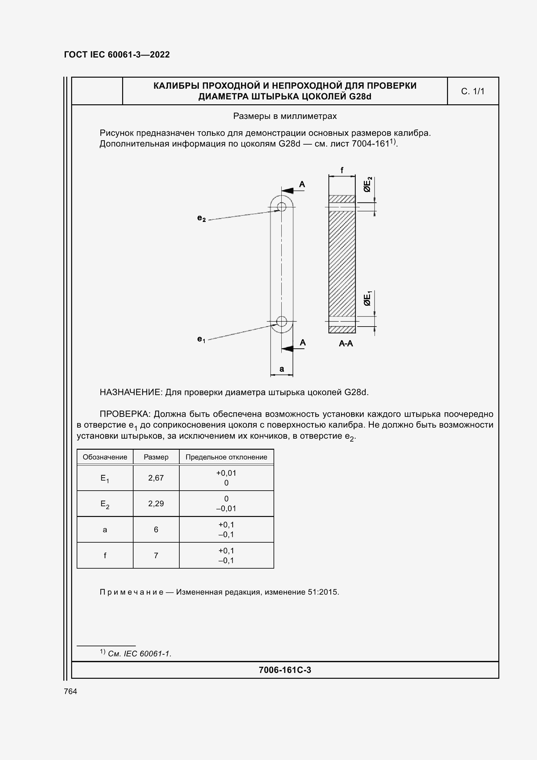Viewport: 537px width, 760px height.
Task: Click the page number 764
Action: [x=70, y=691]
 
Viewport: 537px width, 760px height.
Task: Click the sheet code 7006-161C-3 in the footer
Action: [x=285, y=670]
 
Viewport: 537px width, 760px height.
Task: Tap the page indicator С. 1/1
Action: [x=472, y=91]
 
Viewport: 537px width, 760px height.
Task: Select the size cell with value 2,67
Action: [x=156, y=478]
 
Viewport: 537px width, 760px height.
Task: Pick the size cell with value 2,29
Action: [x=156, y=503]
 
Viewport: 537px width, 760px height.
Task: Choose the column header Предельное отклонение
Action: [x=226, y=457]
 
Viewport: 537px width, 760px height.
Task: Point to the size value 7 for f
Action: [x=156, y=555]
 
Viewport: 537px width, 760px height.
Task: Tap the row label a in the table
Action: [x=105, y=530]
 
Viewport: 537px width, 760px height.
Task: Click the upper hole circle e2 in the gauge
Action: [x=282, y=207]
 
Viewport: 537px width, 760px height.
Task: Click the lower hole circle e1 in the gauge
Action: [x=282, y=321]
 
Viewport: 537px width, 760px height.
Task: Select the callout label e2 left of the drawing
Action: [x=201, y=218]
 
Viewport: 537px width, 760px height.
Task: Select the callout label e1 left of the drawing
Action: [x=201, y=339]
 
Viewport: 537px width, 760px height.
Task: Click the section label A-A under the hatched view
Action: [x=346, y=343]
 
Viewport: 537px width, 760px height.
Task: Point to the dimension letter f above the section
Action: [x=342, y=170]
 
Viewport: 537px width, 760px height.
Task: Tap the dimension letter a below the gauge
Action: [x=282, y=369]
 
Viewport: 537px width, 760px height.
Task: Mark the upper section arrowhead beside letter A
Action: [x=288, y=191]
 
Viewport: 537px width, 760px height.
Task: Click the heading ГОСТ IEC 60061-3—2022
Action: [x=117, y=55]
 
